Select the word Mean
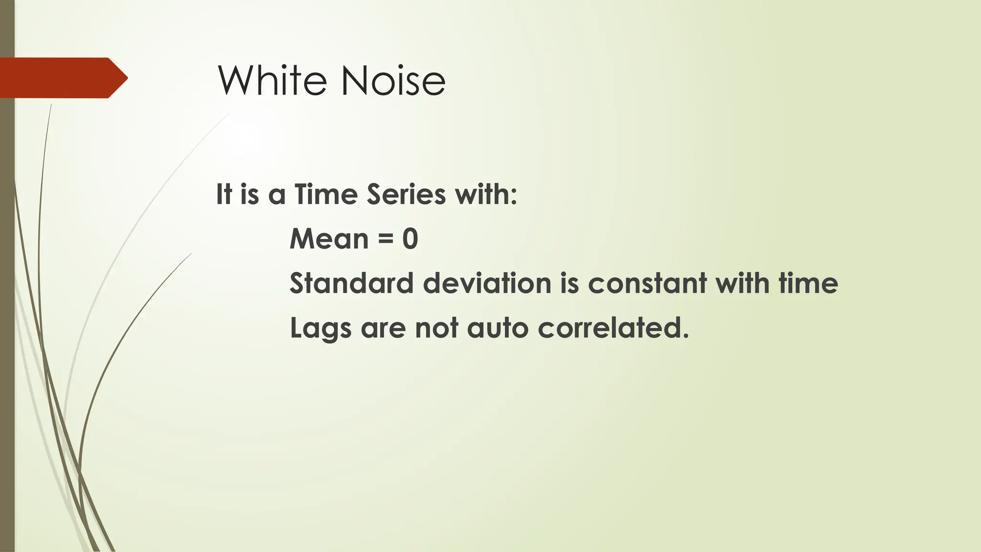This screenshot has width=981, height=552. pyautogui.click(x=329, y=239)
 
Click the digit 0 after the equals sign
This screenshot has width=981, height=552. pyautogui.click(x=410, y=239)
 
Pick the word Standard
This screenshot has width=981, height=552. pyautogui.click(x=351, y=283)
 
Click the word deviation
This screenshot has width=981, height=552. pyautogui.click(x=487, y=283)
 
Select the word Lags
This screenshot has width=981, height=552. pyautogui.click(x=320, y=329)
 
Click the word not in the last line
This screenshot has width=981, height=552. pyautogui.click(x=436, y=328)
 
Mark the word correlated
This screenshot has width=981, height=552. pyautogui.click(x=613, y=328)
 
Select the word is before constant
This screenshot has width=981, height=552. pyautogui.click(x=570, y=283)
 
